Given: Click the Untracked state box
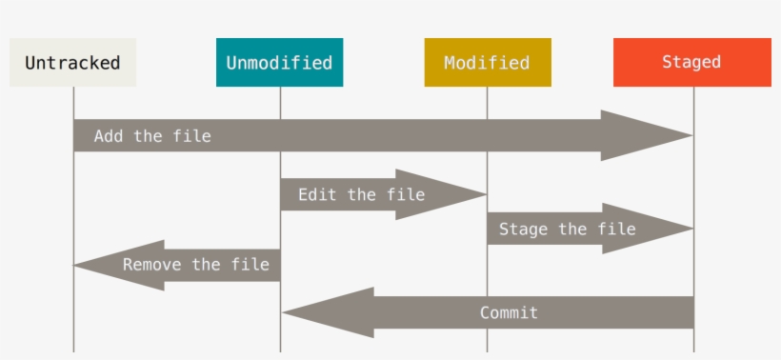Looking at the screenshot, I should [x=72, y=63].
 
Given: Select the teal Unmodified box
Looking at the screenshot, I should [x=279, y=63].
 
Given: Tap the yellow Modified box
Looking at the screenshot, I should [x=487, y=63].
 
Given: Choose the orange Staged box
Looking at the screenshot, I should [x=691, y=63].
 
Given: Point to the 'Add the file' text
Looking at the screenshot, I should [x=152, y=136].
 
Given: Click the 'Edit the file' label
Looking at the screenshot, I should [x=361, y=195].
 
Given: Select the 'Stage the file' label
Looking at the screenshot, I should [x=567, y=230].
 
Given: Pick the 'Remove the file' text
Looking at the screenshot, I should [x=196, y=265].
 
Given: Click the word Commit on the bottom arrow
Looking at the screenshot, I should [x=509, y=312].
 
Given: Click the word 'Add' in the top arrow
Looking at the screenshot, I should [x=110, y=136].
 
